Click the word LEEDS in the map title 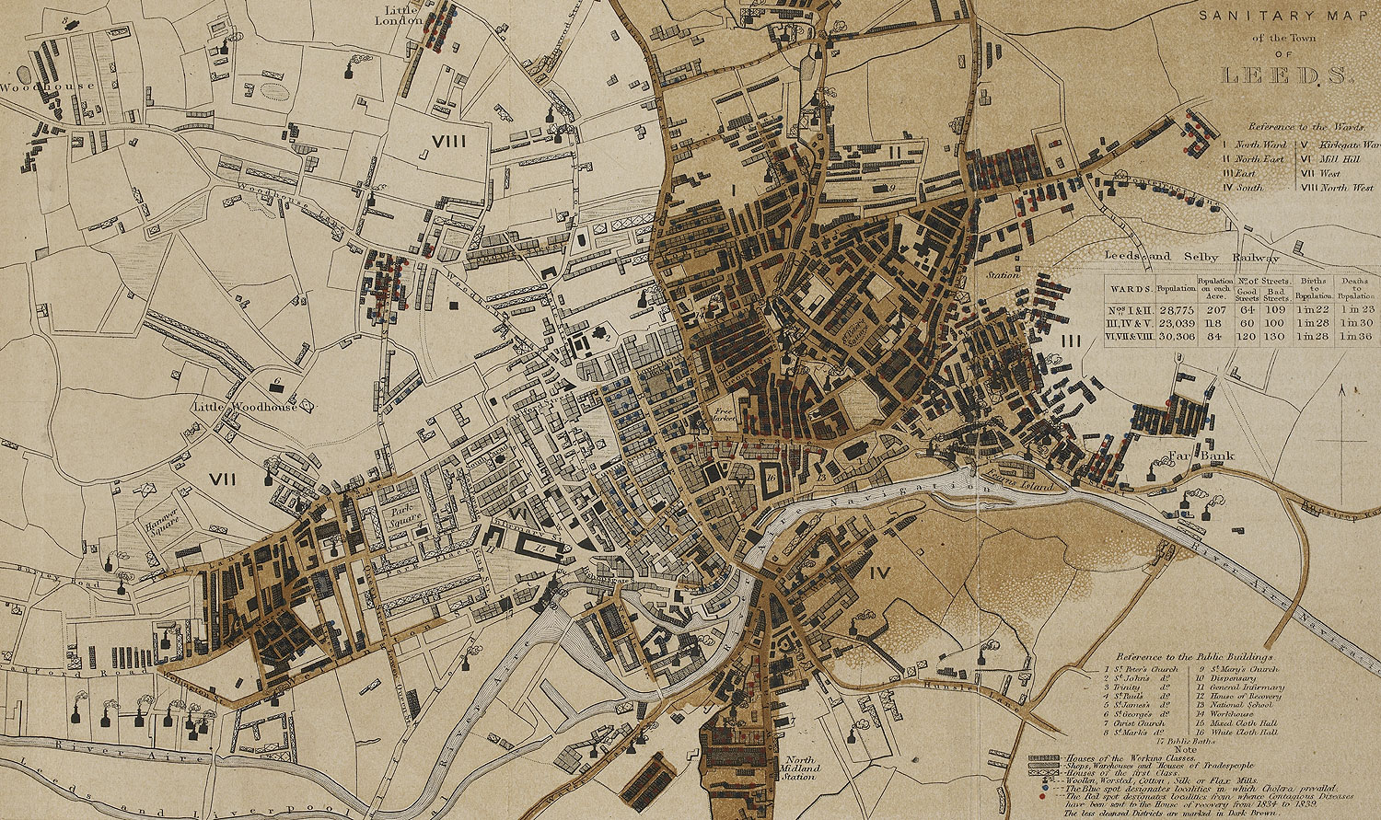(1285, 75)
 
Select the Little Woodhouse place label (246, 406)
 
